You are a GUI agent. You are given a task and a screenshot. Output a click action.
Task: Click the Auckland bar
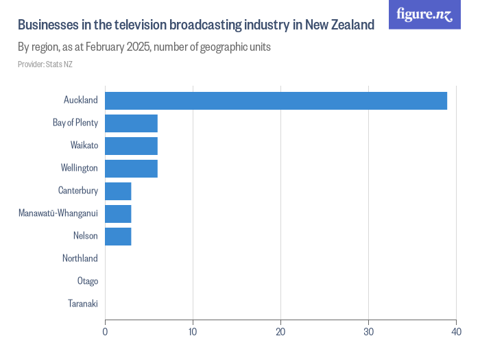[276, 101]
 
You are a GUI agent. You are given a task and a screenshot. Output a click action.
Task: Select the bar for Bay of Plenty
[131, 123]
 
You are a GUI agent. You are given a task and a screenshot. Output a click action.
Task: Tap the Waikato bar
[131, 146]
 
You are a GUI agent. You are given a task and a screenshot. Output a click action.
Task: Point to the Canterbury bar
[118, 191]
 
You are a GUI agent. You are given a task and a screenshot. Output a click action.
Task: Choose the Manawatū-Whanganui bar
[118, 214]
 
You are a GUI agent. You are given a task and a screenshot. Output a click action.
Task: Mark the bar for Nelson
[118, 237]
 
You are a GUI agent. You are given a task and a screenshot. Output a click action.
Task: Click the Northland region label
[80, 259]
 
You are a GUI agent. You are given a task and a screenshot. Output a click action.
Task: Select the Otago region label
[88, 281]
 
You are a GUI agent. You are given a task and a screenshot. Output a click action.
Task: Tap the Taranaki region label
[83, 304]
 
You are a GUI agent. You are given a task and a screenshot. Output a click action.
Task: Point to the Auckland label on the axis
[80, 100]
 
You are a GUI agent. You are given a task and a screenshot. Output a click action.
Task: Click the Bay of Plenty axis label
[75, 123]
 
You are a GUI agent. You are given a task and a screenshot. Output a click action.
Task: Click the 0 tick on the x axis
[105, 333]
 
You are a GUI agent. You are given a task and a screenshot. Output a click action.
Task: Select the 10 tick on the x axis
[193, 333]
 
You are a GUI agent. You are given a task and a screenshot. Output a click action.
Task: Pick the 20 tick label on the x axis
[280, 333]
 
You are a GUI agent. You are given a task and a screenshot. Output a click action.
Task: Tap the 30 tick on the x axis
[368, 333]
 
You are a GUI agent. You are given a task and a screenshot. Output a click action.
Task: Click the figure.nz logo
[424, 14]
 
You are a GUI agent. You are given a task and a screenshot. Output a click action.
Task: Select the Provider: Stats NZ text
[45, 64]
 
